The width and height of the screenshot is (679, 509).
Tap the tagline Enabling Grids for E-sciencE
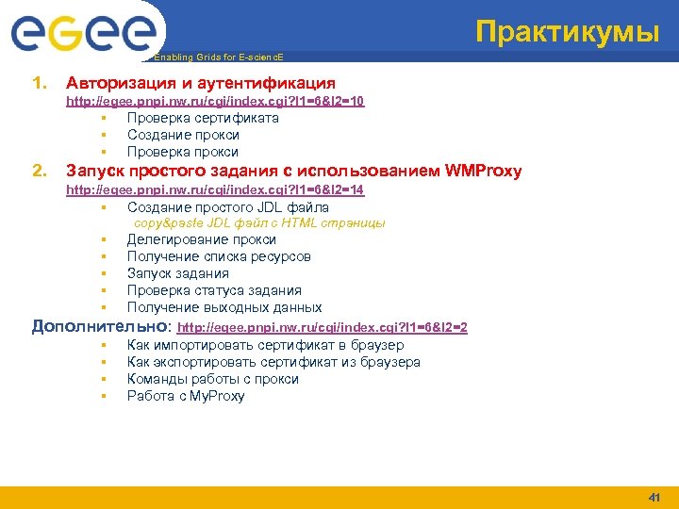click(x=218, y=57)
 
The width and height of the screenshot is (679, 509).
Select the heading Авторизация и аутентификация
click(x=200, y=84)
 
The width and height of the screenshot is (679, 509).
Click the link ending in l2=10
click(x=214, y=101)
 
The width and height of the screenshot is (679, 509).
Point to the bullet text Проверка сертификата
click(x=203, y=118)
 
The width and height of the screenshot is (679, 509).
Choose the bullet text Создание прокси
click(x=183, y=135)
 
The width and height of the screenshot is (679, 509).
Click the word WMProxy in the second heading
click(x=474, y=171)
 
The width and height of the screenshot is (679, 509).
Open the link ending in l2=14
click(x=214, y=189)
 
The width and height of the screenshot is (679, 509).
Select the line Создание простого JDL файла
click(x=227, y=206)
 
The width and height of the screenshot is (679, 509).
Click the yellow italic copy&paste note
click(x=259, y=223)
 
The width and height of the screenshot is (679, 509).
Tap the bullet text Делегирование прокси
click(x=202, y=239)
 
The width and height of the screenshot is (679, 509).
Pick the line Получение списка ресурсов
click(x=219, y=256)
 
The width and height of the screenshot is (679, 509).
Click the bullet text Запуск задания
click(x=177, y=273)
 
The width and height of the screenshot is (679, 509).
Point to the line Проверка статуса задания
click(x=214, y=290)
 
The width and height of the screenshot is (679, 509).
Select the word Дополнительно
click(x=100, y=326)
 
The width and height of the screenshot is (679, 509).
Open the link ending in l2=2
click(x=323, y=327)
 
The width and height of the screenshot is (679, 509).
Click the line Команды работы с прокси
click(x=212, y=379)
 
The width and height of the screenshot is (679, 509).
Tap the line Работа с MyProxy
click(x=186, y=396)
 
